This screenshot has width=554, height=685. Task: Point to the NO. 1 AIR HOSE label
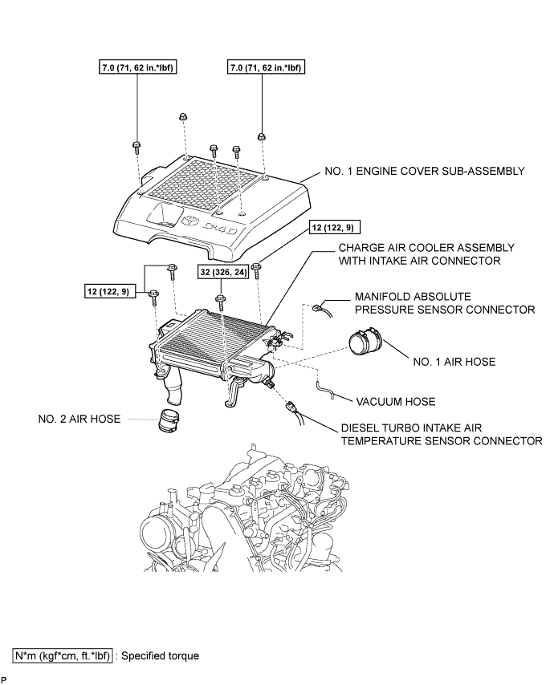click(x=450, y=362)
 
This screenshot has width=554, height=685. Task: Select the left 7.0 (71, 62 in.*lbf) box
click(x=136, y=68)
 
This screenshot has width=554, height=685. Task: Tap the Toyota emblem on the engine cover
click(x=188, y=219)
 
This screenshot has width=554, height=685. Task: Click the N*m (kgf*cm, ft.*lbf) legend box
click(x=62, y=655)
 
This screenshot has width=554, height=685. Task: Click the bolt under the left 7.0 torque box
click(x=136, y=146)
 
